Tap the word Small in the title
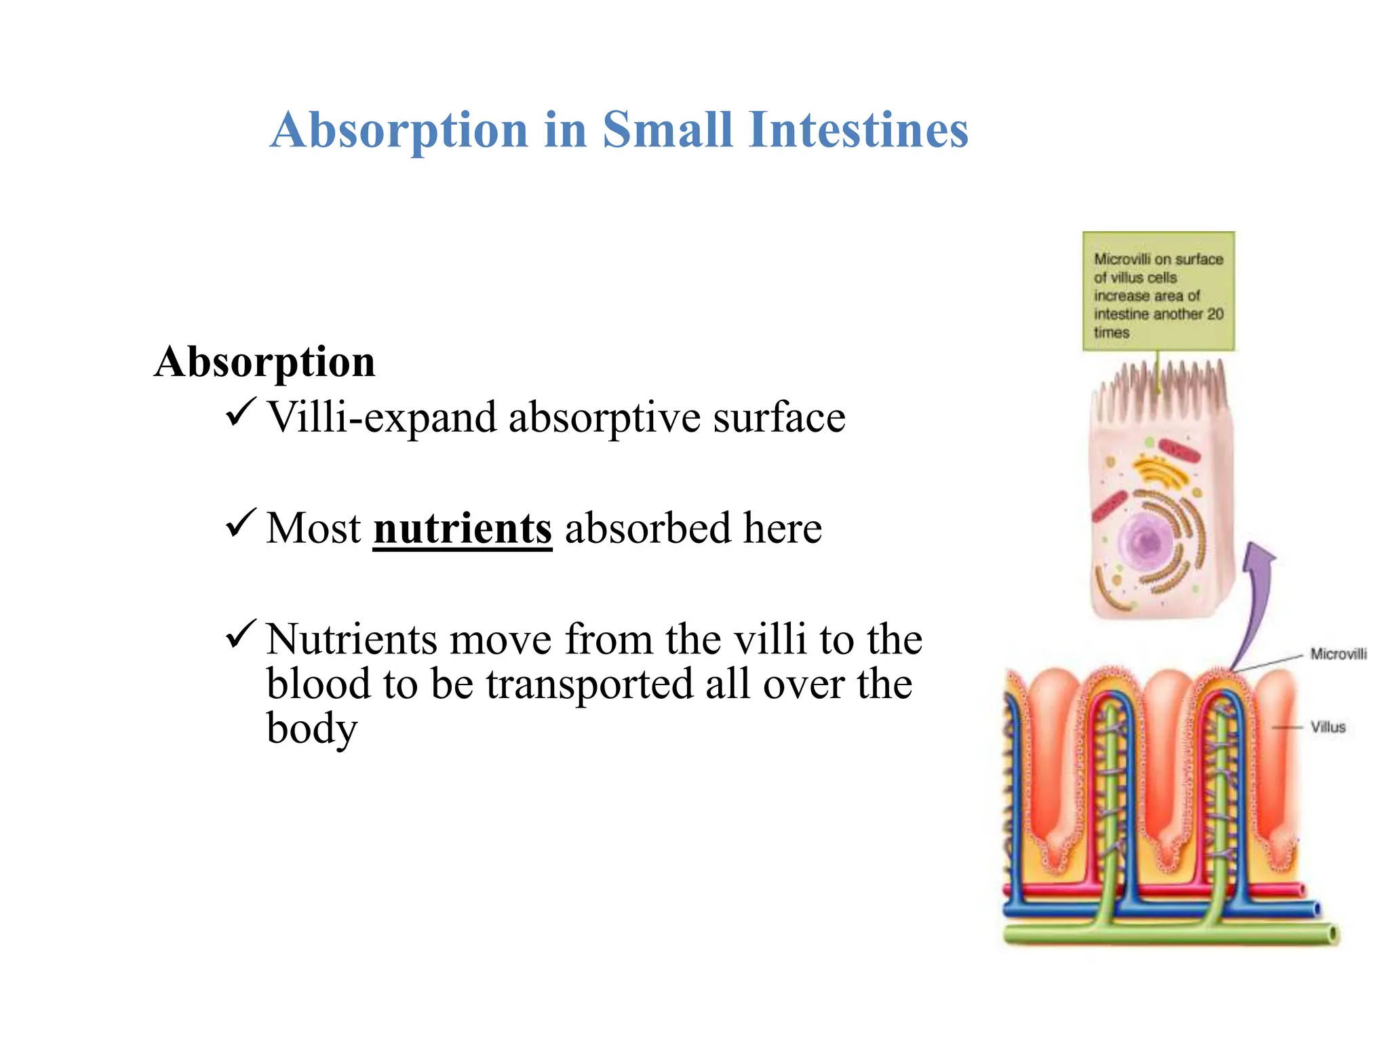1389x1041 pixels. point(667,129)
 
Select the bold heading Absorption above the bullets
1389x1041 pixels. point(265,361)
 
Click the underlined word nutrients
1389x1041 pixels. point(463,529)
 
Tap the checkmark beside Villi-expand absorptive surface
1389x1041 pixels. point(240,411)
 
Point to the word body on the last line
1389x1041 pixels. point(311,729)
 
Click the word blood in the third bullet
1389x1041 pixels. point(318,684)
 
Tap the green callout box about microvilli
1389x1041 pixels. point(1158,291)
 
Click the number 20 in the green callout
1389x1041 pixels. point(1215,314)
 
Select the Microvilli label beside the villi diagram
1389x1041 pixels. point(1337,654)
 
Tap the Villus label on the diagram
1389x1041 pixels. point(1327,727)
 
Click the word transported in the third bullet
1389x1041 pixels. point(589,684)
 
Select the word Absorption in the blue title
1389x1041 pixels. point(399,129)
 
